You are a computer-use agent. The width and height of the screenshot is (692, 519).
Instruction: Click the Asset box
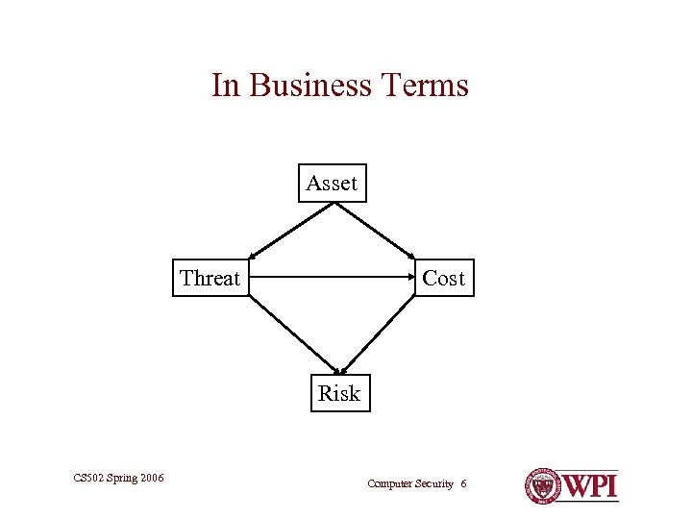[332, 183]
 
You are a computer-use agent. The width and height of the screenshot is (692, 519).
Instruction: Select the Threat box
[210, 279]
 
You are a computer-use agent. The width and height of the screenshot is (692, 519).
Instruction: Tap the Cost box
[443, 279]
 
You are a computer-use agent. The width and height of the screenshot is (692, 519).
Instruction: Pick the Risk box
[339, 393]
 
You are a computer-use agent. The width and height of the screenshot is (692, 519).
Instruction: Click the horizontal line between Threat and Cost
[332, 279]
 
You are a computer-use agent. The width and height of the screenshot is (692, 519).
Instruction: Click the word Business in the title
[309, 86]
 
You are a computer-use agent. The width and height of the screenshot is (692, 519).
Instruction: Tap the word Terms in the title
[424, 86]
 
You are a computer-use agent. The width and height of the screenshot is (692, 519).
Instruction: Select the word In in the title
[225, 86]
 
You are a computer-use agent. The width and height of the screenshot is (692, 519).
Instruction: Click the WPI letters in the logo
[590, 485]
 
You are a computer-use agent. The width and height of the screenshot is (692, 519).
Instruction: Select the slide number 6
[463, 483]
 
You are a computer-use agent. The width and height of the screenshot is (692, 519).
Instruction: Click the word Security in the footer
[432, 483]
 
